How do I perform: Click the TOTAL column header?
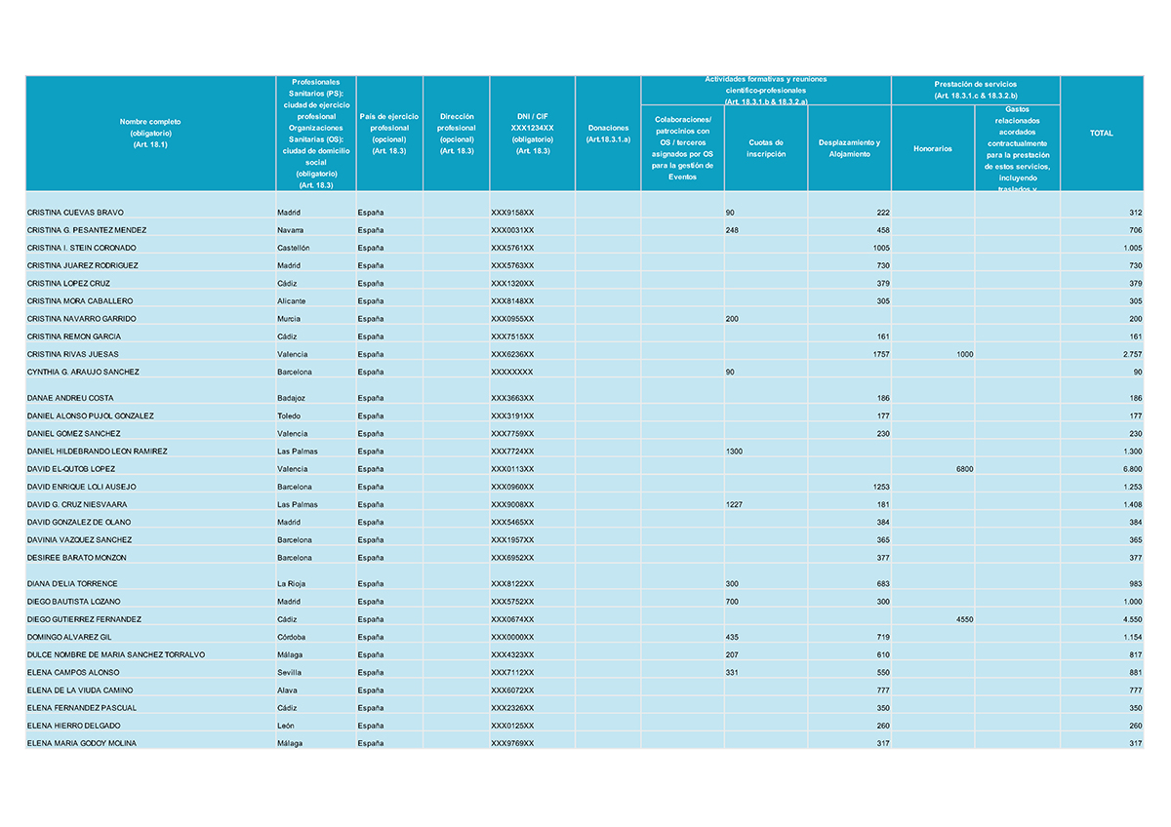point(1101,133)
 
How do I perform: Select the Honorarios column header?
point(932,148)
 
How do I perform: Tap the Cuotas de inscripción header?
point(766,148)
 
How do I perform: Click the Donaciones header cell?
point(608,134)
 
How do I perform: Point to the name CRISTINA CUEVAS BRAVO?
point(75,213)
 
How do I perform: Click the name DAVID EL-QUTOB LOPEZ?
point(71,469)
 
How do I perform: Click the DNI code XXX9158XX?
point(512,213)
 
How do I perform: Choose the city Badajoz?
point(292,398)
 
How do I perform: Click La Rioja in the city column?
point(293,584)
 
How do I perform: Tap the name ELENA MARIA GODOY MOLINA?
point(82,743)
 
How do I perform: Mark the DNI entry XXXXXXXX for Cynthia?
point(512,372)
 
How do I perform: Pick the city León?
point(287,726)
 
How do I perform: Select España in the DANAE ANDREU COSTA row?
point(371,398)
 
